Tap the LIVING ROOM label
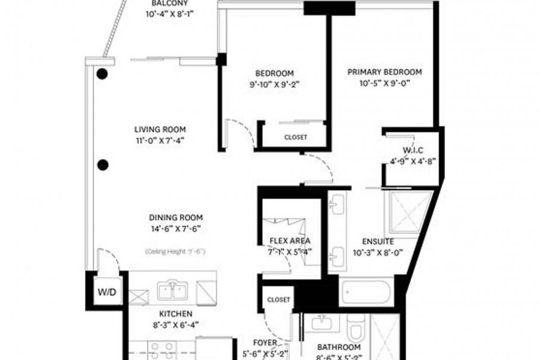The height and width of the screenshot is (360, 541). tap(159, 129)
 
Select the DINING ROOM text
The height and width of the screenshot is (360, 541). tap(175, 217)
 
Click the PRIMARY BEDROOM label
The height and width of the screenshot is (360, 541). tap(385, 72)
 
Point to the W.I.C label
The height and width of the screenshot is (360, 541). tap(412, 150)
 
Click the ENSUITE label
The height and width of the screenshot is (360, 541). tap(378, 242)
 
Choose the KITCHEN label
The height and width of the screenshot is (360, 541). tap(175, 314)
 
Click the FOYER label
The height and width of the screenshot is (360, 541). tap(265, 342)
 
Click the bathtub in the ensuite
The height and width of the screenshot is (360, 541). tap(367, 292)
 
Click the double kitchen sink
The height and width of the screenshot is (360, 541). tap(173, 291)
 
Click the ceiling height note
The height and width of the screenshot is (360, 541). tap(175, 252)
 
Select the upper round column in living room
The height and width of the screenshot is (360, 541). tap(102, 74)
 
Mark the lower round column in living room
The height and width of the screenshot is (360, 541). tap(103, 165)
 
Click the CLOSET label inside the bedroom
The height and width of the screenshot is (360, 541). tap(295, 137)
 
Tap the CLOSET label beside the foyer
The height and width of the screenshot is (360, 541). tap(278, 299)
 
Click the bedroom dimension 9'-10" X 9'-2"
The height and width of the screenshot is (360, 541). tap(274, 84)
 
